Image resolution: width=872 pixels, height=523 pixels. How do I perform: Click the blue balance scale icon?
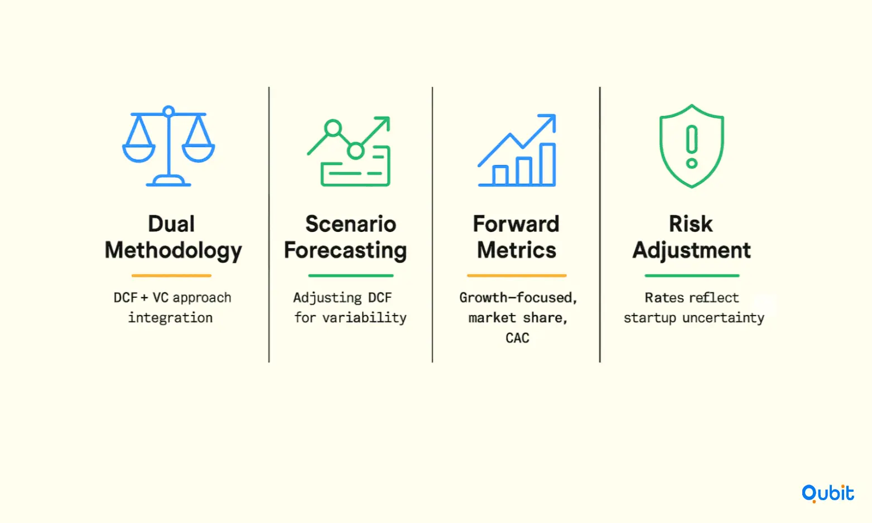pos(168,146)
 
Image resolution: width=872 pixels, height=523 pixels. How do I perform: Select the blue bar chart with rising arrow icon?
pos(517,150)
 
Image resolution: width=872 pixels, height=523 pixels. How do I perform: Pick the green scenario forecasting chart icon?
pos(349,151)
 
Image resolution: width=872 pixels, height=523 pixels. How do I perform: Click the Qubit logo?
pos(827,493)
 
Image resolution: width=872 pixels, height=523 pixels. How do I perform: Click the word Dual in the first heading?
pos(171,224)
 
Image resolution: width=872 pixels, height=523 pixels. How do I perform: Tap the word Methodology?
pos(174,250)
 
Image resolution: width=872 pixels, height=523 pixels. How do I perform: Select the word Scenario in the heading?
pos(351,224)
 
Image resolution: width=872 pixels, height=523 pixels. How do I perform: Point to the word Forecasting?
pos(346,250)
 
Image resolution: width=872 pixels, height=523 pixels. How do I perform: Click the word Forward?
pos(516,224)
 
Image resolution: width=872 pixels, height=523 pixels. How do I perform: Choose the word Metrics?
pos(517,250)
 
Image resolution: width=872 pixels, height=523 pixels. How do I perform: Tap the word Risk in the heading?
pos(691,224)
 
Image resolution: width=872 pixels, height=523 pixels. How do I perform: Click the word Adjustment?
pos(692,250)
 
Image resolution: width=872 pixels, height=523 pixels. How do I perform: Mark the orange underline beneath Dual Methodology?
pos(171,275)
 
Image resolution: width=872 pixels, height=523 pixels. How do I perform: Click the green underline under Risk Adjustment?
pos(692,275)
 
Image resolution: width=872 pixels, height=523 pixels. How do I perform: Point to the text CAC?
pos(517,338)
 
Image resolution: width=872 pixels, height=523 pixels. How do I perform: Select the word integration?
pos(171,318)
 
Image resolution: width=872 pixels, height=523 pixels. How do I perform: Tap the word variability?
pos(365,318)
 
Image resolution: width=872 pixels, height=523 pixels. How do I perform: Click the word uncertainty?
pos(724,318)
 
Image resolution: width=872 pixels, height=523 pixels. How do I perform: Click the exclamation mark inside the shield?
pos(692,147)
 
